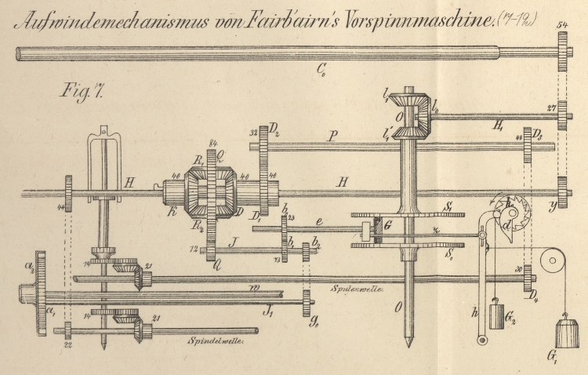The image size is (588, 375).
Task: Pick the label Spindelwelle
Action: click(x=211, y=342)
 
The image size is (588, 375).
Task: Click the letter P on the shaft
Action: click(x=333, y=136)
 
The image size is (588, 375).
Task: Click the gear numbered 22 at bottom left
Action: click(x=69, y=329)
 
